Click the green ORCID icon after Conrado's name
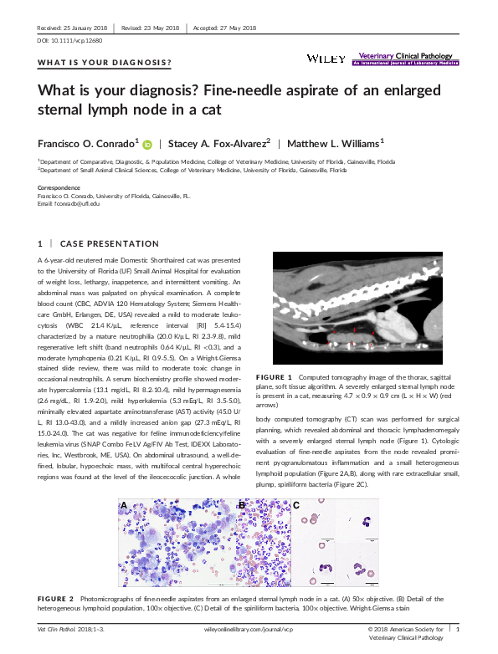(x=147, y=144)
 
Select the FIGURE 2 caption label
(x=56, y=599)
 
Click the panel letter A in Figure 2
(x=125, y=506)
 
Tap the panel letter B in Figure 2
(x=241, y=505)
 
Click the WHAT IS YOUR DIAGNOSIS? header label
(x=105, y=63)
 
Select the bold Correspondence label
(x=59, y=188)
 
